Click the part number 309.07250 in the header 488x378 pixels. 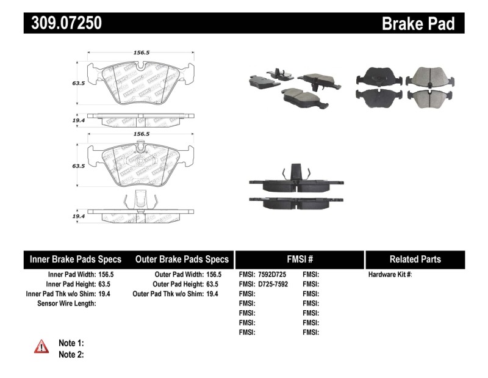point(63,23)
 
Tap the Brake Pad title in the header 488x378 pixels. point(418,23)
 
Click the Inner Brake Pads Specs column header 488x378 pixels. point(76,259)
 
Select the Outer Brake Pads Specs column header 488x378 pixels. point(182,259)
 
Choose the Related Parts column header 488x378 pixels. point(415,259)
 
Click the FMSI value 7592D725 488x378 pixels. point(272,275)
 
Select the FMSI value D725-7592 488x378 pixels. point(272,284)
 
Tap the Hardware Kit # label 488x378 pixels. point(390,275)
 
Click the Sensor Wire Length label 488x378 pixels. point(66,303)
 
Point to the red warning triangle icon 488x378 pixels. point(41,346)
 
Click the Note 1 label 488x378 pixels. point(71,343)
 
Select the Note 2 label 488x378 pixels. point(71,354)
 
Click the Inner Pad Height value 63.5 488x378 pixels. point(107,284)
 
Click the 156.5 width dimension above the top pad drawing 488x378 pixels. point(142,53)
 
